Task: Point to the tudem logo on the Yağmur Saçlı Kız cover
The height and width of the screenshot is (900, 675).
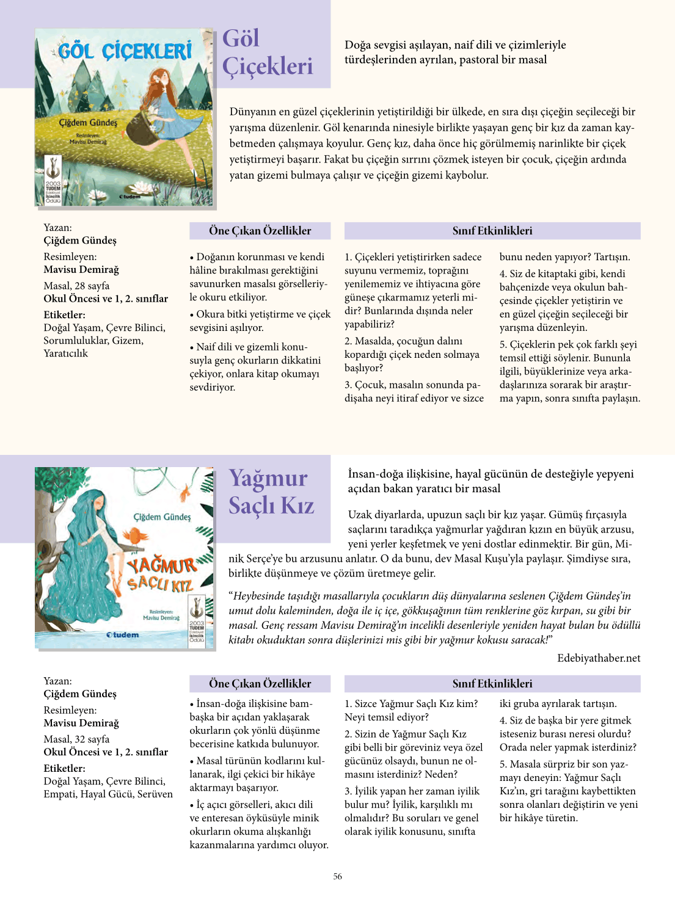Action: point(122,635)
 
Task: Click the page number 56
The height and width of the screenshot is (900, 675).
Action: point(337,876)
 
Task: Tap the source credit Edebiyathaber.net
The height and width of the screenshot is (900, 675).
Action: point(599,658)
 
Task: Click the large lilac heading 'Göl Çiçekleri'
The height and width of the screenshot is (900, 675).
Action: point(267,53)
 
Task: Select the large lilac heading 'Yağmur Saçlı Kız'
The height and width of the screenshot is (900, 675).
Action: point(271,492)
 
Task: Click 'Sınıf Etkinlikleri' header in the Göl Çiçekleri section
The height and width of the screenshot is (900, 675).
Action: point(492,231)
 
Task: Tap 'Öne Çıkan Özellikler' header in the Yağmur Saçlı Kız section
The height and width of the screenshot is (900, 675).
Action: point(260,684)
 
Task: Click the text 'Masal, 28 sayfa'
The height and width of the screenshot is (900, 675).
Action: point(76,286)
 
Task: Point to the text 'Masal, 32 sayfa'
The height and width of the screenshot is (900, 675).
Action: point(76,739)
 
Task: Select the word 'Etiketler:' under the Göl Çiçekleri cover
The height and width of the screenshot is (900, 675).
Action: point(64,315)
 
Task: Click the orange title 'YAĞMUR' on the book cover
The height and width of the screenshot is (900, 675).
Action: point(162,566)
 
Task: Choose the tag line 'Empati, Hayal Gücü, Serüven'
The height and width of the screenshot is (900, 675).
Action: point(108,794)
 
